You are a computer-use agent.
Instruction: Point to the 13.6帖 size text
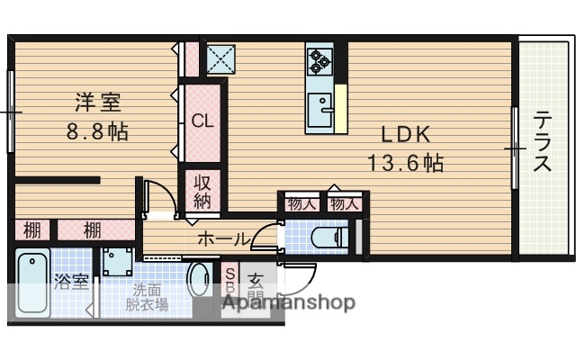[x=405, y=164]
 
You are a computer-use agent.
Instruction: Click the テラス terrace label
[x=542, y=141]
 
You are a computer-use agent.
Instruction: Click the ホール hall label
[x=222, y=239]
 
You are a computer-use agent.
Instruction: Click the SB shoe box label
[x=229, y=281]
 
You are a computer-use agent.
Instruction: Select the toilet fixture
[x=328, y=238]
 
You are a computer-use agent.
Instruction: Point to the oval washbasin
[x=201, y=281]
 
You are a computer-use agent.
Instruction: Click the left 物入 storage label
[x=301, y=204]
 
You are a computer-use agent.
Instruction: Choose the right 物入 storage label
[x=344, y=204]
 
